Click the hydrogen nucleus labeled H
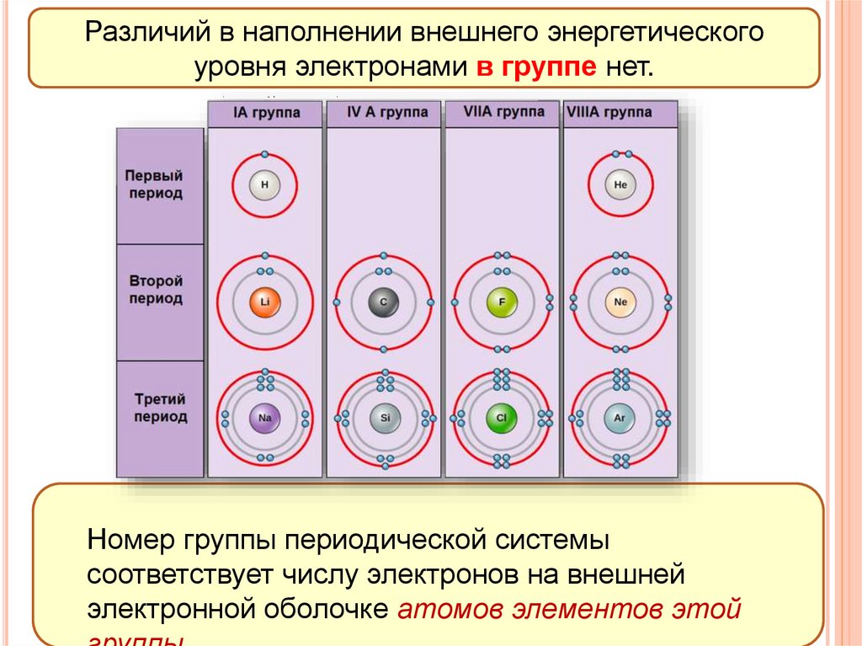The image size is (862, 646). coord(265,184)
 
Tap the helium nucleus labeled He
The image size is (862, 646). coord(621,184)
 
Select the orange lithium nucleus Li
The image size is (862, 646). coord(265,302)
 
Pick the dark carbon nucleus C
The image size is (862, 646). coord(384,302)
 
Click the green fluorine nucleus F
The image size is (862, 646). coord(503,302)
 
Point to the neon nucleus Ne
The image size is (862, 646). coord(621,302)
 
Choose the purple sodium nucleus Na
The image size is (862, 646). coord(265,417)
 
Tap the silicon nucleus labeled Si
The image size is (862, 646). coord(384,417)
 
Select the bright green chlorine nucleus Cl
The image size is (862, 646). coord(503,417)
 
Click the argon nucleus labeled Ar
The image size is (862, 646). coord(621,417)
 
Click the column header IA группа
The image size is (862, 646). coord(265,114)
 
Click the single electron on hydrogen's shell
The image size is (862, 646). coord(265,155)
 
